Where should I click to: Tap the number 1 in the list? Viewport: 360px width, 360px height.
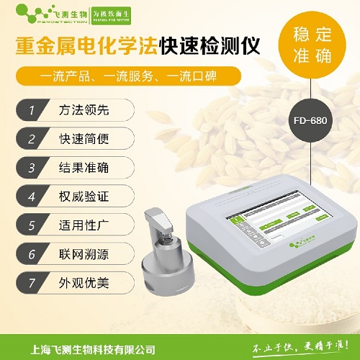pyautogui.click(x=31, y=111)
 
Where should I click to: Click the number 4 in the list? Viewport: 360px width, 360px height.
pyautogui.click(x=31, y=196)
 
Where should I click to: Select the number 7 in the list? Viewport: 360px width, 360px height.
pyautogui.click(x=31, y=281)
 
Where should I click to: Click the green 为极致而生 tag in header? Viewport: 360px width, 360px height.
pyautogui.click(x=117, y=15)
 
